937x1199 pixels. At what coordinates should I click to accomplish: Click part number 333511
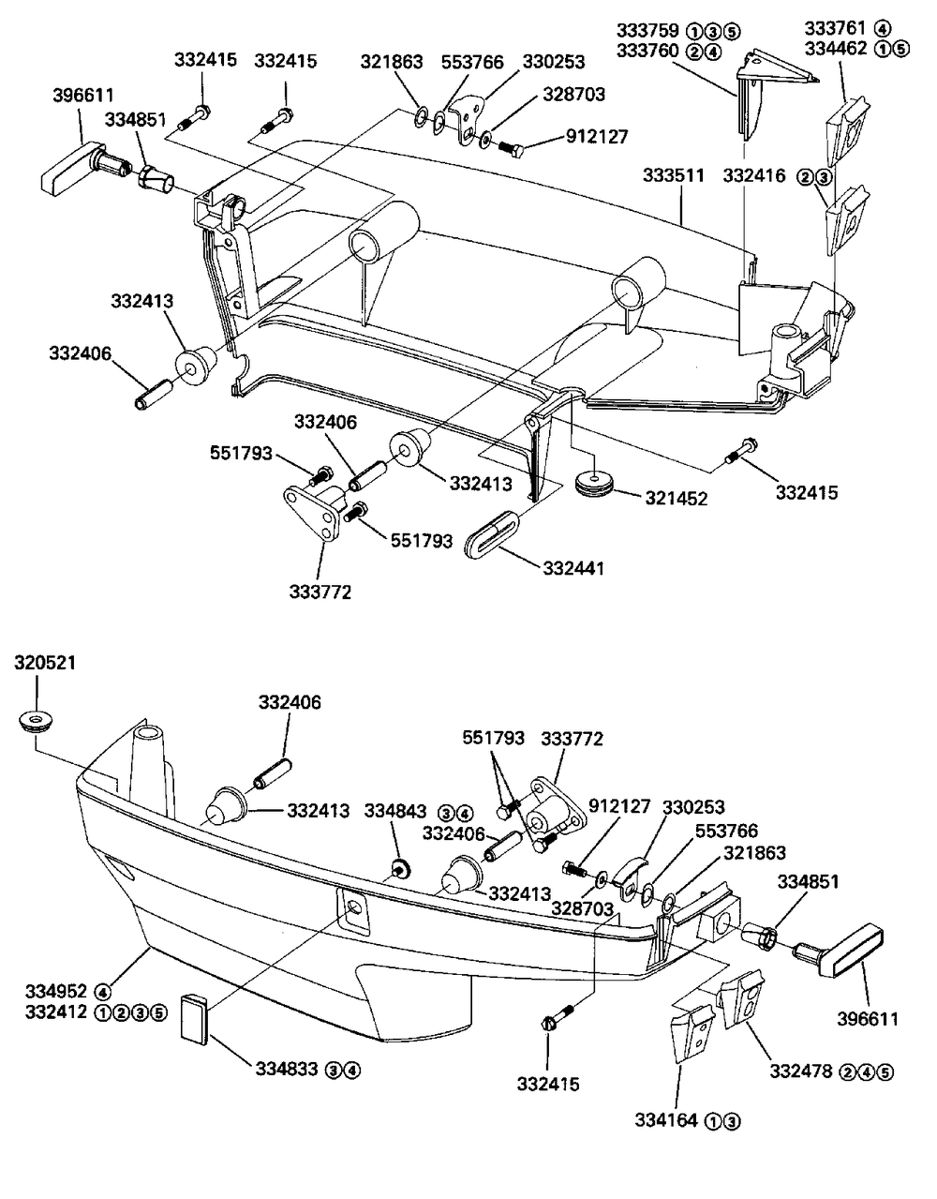(674, 176)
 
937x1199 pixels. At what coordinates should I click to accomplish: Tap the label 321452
(677, 499)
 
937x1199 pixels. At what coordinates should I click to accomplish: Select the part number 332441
(573, 568)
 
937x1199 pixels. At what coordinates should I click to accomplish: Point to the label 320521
(45, 663)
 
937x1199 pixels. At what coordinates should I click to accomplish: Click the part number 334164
(665, 1120)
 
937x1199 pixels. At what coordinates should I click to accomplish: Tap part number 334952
(56, 991)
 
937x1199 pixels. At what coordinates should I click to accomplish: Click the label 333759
(647, 30)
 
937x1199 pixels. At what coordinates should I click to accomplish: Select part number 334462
(836, 49)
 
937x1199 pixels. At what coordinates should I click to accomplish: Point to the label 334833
(287, 1070)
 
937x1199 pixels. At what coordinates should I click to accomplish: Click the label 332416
(754, 176)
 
